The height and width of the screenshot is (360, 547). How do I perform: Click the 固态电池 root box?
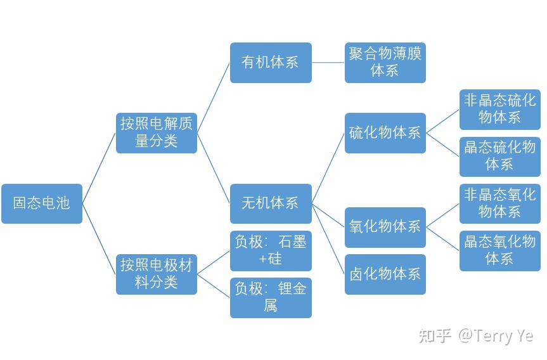pyautogui.click(x=42, y=203)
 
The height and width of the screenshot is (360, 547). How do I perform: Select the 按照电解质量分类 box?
pyautogui.click(x=157, y=133)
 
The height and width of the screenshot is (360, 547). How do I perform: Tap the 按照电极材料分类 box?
pyautogui.click(x=157, y=274)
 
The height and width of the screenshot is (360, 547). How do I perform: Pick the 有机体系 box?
pyautogui.click(x=271, y=63)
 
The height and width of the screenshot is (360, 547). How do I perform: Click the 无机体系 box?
pyautogui.click(x=271, y=203)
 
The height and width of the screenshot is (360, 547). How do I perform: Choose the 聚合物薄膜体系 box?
pyautogui.click(x=385, y=63)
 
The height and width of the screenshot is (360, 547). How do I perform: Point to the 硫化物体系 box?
pyautogui.click(x=385, y=133)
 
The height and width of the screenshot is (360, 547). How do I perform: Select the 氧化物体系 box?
pyautogui.click(x=385, y=228)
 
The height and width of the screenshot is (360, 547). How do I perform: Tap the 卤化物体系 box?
pyautogui.click(x=385, y=274)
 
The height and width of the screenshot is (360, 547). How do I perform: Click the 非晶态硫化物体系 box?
pyautogui.click(x=500, y=110)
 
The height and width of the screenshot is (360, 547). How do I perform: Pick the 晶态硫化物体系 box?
pyautogui.click(x=500, y=157)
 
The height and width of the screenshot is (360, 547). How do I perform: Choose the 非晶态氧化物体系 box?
pyautogui.click(x=500, y=203)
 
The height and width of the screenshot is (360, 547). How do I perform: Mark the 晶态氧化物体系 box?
pyautogui.click(x=500, y=251)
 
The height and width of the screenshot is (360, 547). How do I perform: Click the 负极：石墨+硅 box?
pyautogui.click(x=271, y=251)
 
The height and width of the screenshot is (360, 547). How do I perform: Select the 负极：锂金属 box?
pyautogui.click(x=271, y=297)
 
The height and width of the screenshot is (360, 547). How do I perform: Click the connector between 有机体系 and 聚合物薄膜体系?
pyautogui.click(x=328, y=63)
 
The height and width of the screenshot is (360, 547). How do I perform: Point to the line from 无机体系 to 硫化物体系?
pyautogui.click(x=328, y=168)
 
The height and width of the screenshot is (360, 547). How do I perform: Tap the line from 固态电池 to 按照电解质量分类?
pyautogui.click(x=99, y=168)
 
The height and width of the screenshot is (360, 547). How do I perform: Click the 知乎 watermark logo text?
pyautogui.click(x=435, y=335)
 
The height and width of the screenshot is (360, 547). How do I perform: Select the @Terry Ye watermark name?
pyautogui.click(x=496, y=335)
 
